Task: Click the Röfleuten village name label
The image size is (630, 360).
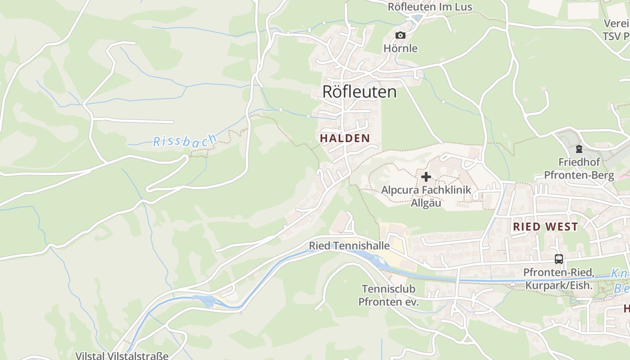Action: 360,92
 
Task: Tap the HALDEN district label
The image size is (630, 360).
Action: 345,138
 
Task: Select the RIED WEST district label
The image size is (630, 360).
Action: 545,227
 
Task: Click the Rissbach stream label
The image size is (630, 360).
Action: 184,142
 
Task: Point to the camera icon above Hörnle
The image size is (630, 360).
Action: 400,36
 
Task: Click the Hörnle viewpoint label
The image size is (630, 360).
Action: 400,48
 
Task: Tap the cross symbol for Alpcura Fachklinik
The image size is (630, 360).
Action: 426,177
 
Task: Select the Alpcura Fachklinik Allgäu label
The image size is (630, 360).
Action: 426,196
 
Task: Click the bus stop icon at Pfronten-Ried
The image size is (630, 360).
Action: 558,259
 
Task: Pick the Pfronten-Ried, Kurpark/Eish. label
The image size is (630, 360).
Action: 559,279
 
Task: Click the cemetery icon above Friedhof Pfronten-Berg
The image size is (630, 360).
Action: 579,149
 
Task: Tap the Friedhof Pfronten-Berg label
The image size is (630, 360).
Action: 579,168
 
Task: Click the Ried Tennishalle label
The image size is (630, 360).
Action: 349,246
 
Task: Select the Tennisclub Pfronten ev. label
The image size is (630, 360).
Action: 388,295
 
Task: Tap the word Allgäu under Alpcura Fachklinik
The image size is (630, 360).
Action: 426,203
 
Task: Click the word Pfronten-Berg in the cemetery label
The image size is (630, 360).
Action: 579,175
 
